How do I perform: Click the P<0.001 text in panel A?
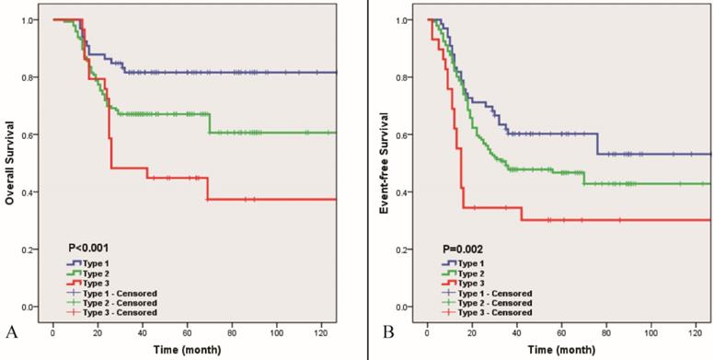90,247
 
